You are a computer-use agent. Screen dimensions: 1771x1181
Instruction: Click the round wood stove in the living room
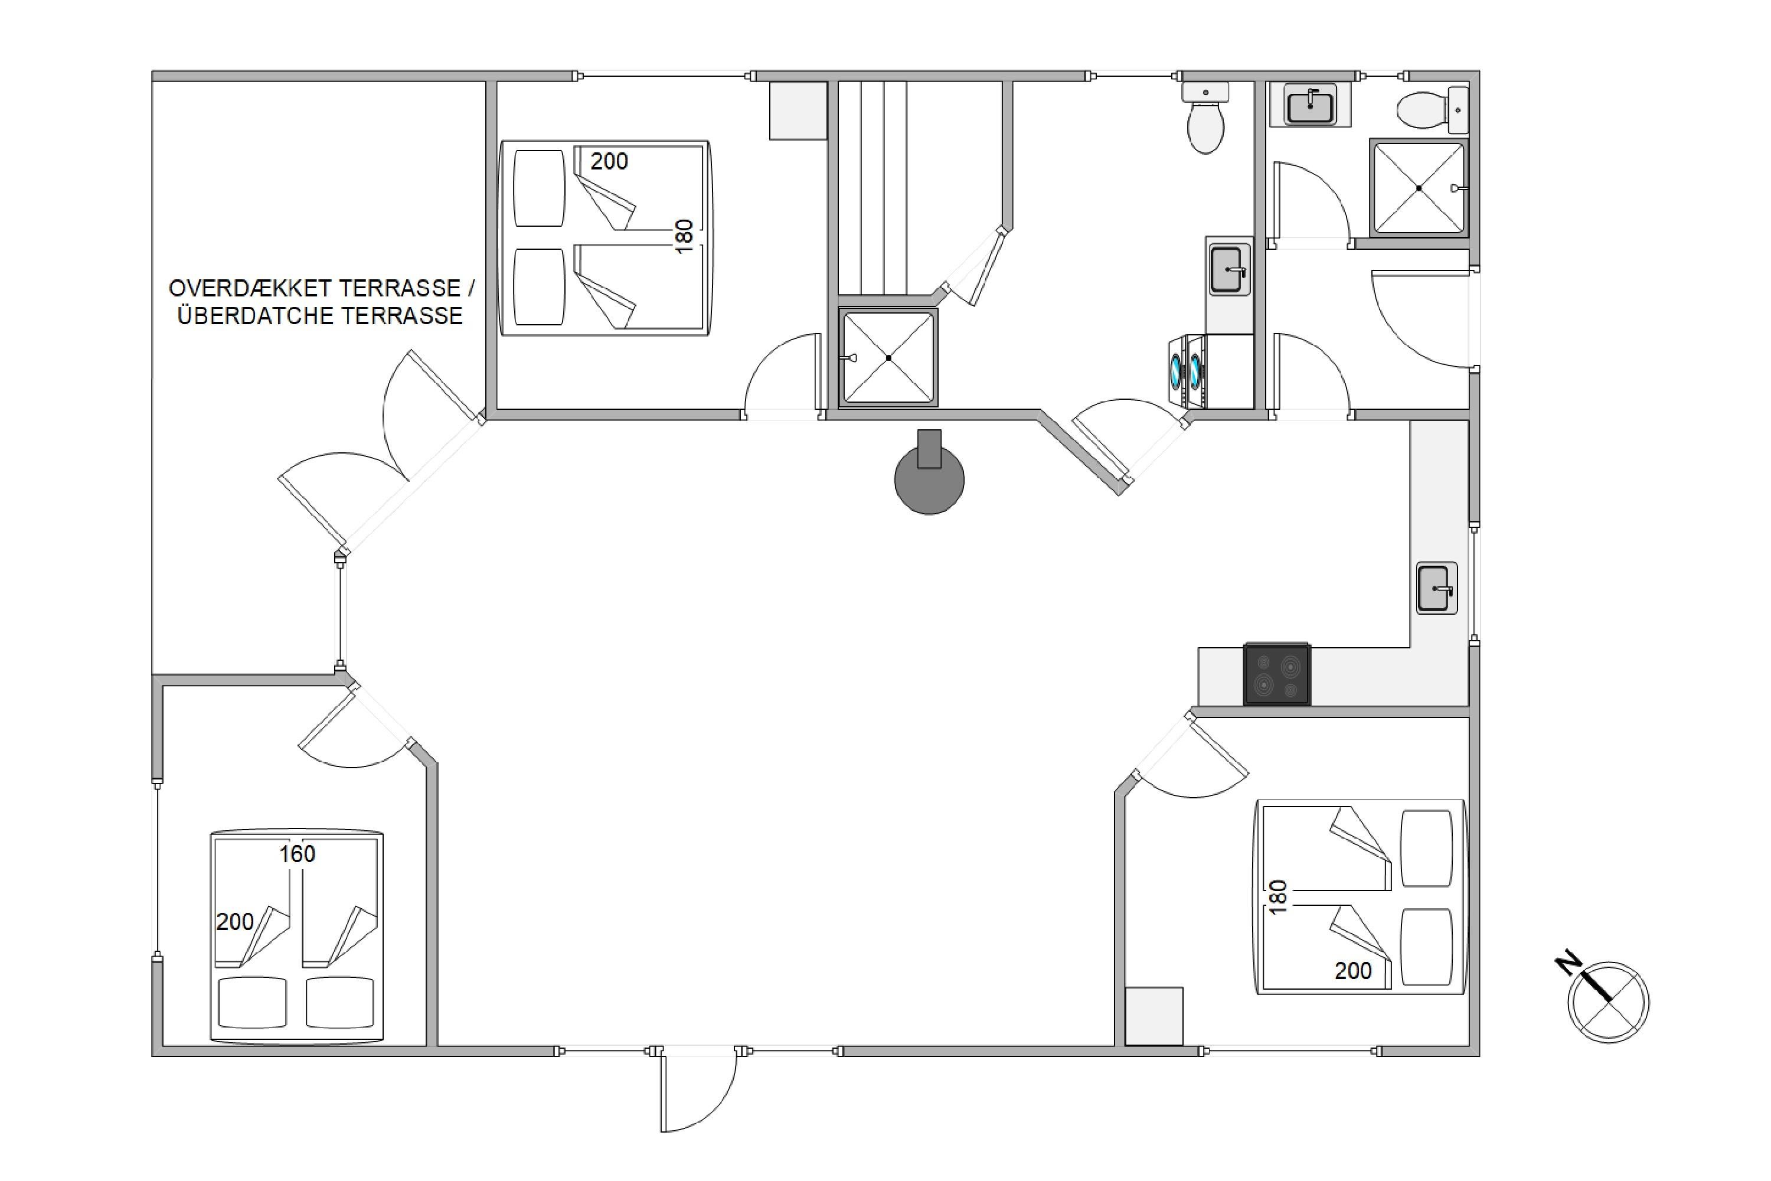[x=929, y=479]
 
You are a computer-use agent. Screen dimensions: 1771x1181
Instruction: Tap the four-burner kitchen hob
[x=1277, y=674]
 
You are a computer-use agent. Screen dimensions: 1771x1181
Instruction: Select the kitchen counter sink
[x=1437, y=588]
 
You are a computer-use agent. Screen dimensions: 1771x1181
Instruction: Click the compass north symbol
[x=1608, y=1003]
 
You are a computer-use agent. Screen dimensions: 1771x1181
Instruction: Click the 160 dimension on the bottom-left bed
[x=298, y=854]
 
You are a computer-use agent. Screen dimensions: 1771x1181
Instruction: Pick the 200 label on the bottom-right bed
[x=1353, y=971]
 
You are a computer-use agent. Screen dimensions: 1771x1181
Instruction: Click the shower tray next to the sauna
[x=888, y=358]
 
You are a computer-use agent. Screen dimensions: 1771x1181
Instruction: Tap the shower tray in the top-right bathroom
[x=1419, y=188]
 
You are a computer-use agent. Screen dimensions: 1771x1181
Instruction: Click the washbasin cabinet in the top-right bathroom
[x=1310, y=104]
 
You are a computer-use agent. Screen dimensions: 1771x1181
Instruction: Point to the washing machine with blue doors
[x=1186, y=371]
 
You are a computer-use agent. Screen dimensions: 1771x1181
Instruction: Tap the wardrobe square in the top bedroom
[x=798, y=111]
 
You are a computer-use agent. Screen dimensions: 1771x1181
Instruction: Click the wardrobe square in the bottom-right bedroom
[x=1154, y=1017]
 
